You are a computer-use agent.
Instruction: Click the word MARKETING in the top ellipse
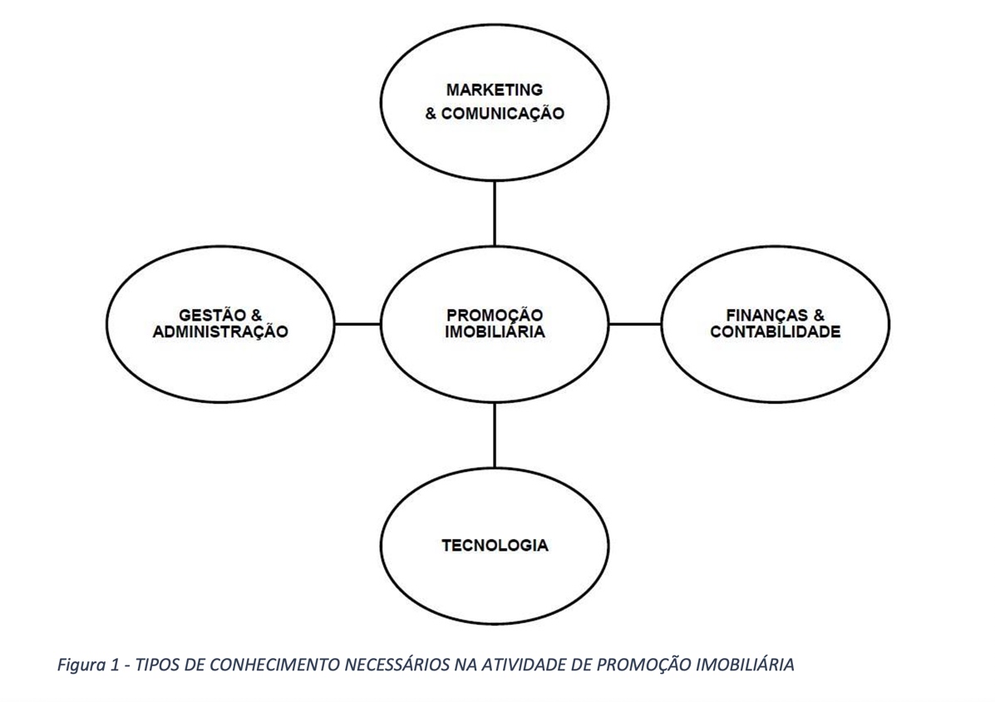(x=495, y=90)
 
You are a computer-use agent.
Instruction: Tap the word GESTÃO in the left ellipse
(x=208, y=316)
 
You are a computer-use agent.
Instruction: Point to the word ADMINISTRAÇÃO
(x=220, y=332)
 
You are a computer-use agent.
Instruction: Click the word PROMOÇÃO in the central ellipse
(x=495, y=316)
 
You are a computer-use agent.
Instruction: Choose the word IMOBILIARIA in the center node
(x=495, y=332)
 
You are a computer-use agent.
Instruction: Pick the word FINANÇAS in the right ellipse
(x=764, y=316)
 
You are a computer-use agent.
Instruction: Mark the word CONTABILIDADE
(x=776, y=332)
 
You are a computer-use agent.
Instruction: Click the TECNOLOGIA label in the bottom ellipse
(x=495, y=546)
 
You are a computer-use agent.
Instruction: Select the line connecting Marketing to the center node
(x=495, y=213)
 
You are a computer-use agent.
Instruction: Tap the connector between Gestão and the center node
(x=357, y=324)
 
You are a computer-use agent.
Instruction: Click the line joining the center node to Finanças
(x=635, y=324)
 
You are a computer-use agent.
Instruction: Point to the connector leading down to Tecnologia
(x=495, y=434)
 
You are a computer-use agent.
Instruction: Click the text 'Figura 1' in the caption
(x=85, y=665)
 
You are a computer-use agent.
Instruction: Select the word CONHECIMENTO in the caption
(x=265, y=665)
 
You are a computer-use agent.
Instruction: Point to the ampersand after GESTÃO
(x=256, y=316)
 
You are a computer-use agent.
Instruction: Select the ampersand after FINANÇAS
(x=819, y=316)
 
